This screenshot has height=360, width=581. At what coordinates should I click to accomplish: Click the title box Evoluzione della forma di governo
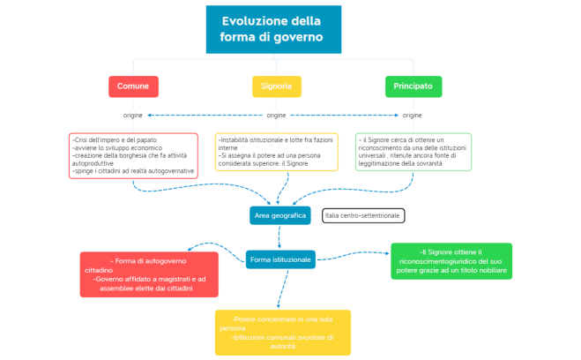coord(273,30)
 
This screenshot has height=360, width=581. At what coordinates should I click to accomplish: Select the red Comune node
coord(133,86)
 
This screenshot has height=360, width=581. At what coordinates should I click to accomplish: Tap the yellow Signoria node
coord(277,86)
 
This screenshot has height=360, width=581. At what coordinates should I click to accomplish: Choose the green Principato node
coord(413,86)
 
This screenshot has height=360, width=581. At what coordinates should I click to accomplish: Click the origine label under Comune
coord(133,116)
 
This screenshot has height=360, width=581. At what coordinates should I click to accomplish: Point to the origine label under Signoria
coord(277,116)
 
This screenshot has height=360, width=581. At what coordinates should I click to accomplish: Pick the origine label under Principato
coord(413,116)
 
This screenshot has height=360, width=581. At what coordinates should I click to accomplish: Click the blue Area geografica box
coord(280,215)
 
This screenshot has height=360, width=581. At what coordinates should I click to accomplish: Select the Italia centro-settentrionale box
coord(362,215)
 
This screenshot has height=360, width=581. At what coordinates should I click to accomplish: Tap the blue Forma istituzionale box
coord(280,259)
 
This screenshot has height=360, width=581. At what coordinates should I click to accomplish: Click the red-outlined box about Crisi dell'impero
coord(133,155)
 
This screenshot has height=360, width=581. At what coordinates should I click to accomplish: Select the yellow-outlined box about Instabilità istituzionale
coord(277,152)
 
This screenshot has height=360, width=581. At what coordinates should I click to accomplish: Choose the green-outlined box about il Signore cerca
coord(413,152)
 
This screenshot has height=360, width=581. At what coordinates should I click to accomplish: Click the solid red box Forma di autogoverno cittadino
coord(149,274)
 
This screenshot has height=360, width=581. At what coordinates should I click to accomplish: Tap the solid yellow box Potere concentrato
coord(282,332)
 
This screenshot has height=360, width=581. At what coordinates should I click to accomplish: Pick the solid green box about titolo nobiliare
coord(451,261)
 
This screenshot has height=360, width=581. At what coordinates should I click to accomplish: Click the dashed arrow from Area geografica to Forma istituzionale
coord(279,237)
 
